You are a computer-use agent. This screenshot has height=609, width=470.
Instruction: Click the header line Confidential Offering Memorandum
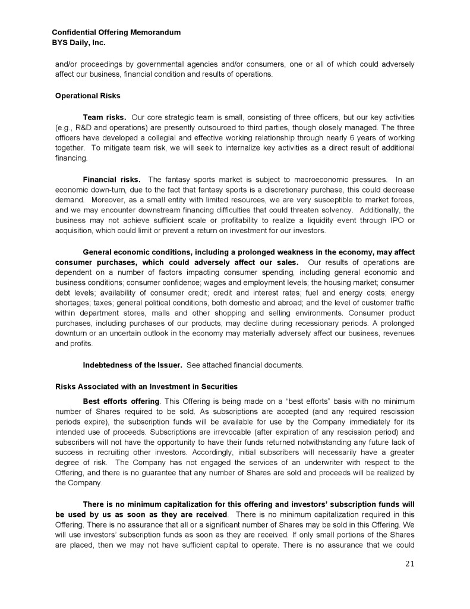tap(116, 32)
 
